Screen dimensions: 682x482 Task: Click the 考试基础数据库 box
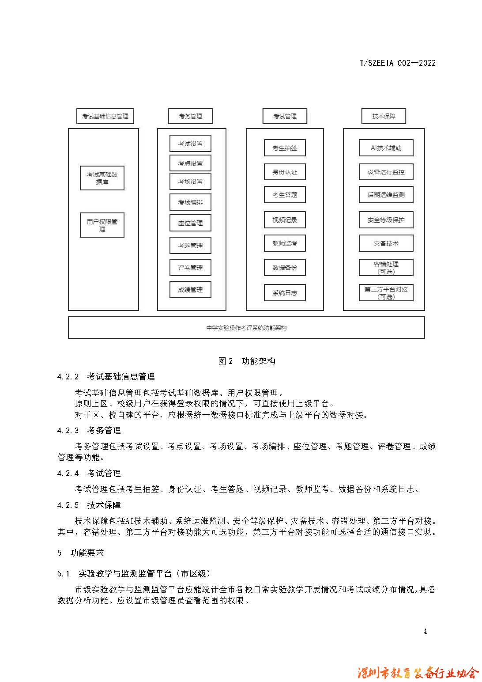(x=102, y=178)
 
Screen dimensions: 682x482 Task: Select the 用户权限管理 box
(x=102, y=225)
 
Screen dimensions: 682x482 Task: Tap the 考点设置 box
(x=190, y=163)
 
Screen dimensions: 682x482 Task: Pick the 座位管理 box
(x=190, y=223)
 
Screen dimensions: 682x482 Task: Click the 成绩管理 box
(x=190, y=290)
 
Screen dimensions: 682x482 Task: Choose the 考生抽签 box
(x=285, y=148)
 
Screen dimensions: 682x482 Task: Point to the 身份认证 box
(x=285, y=172)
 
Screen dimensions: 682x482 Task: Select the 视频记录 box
(x=285, y=220)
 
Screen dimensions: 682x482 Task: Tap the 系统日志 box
(x=285, y=292)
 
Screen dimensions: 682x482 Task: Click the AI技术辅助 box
(x=386, y=148)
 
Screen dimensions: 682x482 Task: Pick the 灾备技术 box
(x=386, y=243)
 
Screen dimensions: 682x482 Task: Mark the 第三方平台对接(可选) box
(x=386, y=293)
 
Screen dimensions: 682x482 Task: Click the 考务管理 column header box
(x=190, y=116)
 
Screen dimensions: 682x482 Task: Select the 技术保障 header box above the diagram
(x=384, y=116)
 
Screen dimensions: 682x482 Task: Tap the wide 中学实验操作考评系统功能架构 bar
(x=246, y=328)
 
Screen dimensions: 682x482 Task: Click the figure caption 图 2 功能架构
(x=247, y=361)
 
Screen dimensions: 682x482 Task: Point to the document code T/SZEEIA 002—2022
(x=397, y=63)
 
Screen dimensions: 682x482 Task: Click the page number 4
(x=425, y=631)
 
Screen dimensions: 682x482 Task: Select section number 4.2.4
(x=68, y=473)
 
